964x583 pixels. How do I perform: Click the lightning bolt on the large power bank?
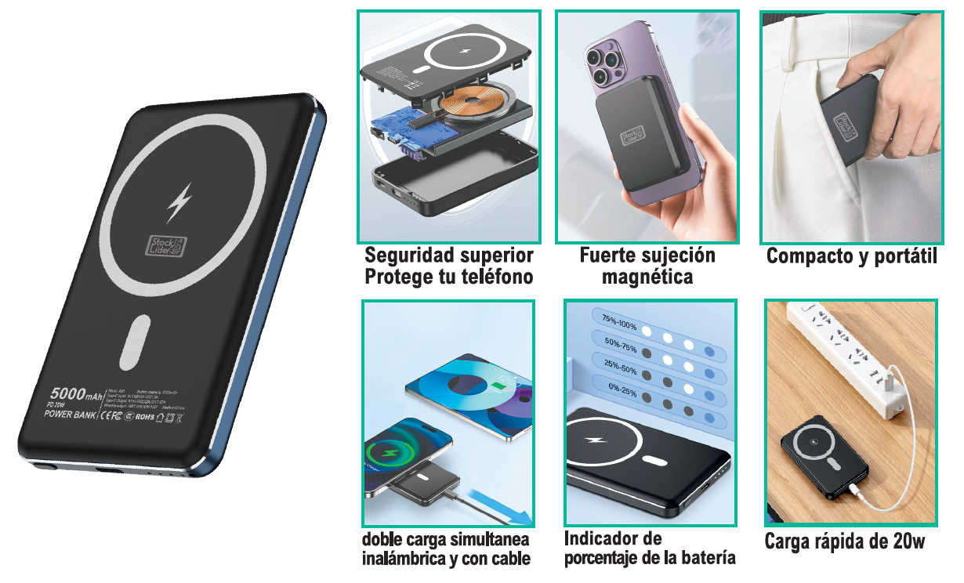(x=179, y=203)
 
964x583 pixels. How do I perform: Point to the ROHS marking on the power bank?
(x=145, y=417)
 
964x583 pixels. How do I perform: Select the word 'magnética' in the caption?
(x=647, y=277)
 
